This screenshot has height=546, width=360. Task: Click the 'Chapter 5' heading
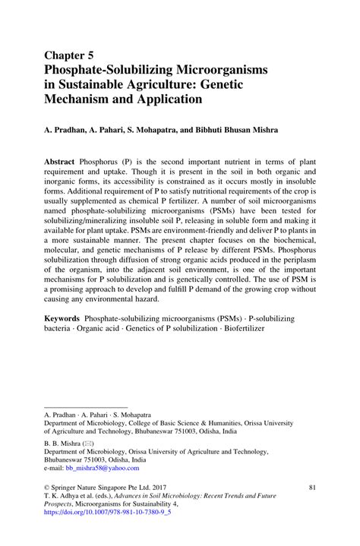(70, 55)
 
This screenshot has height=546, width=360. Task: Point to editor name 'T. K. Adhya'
(62, 495)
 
